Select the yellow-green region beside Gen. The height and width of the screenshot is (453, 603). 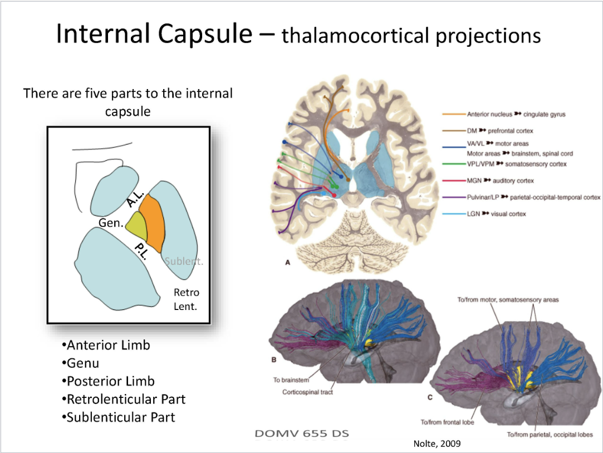(136, 225)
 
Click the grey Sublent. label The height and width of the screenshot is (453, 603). (183, 260)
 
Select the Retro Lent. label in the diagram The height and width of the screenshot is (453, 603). (186, 298)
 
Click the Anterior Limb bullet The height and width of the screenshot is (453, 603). (106, 346)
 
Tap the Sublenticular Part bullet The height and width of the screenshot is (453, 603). (119, 417)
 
